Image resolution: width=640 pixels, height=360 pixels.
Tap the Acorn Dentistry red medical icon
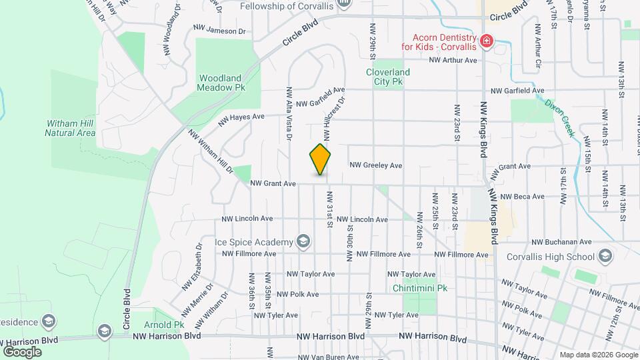pyautogui.click(x=486, y=42)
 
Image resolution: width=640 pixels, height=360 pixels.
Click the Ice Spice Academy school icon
pyautogui.click(x=303, y=241)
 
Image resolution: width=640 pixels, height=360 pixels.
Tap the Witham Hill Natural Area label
pyautogui.click(x=70, y=128)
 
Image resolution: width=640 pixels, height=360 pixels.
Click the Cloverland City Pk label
pyautogui.click(x=387, y=77)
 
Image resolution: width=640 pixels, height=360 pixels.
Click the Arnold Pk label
pyautogui.click(x=169, y=325)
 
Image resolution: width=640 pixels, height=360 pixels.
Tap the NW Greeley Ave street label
pyautogui.click(x=376, y=165)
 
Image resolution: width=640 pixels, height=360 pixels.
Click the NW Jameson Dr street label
pyautogui.click(x=219, y=30)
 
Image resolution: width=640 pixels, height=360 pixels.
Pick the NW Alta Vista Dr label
pyautogui.click(x=289, y=113)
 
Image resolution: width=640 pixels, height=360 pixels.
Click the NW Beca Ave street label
pyautogui.click(x=522, y=197)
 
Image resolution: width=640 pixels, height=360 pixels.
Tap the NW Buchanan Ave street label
pyautogui.click(x=561, y=243)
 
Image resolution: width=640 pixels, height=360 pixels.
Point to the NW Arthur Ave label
pyautogui.click(x=453, y=60)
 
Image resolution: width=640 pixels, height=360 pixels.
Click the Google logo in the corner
pyautogui.click(x=22, y=351)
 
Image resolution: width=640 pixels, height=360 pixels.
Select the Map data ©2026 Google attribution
pyautogui.click(x=599, y=355)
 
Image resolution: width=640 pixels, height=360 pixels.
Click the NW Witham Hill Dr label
pyautogui.click(x=211, y=151)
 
